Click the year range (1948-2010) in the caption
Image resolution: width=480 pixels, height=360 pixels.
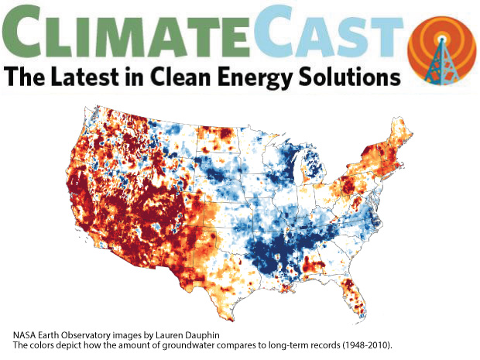tap(365, 345)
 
